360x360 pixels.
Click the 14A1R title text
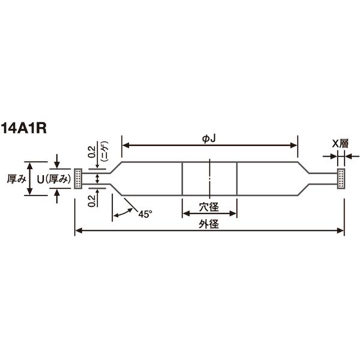[23, 128]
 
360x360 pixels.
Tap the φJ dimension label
[209, 139]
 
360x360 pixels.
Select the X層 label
[340, 143]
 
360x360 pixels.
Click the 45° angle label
[145, 214]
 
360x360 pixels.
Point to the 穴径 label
[209, 207]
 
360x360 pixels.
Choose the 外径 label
[209, 224]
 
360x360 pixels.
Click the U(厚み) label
[54, 179]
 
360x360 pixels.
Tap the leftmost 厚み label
[17, 179]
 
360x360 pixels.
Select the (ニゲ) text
[104, 152]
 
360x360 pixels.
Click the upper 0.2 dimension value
[92, 152]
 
